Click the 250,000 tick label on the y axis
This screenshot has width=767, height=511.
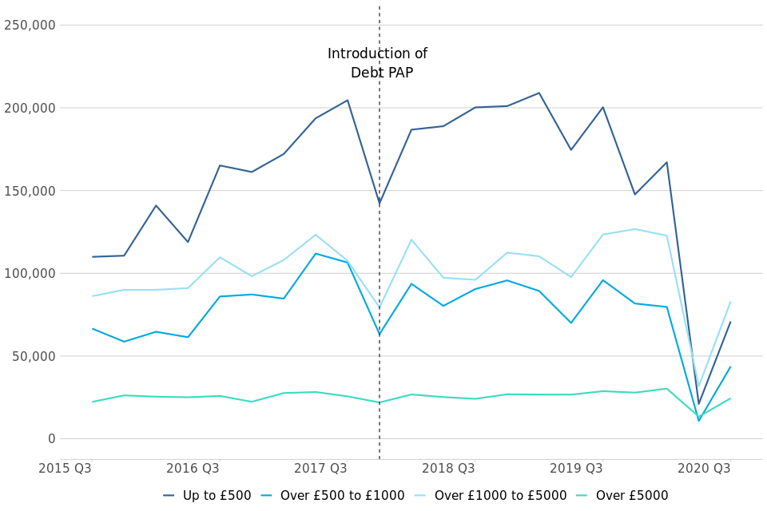(x=30, y=25)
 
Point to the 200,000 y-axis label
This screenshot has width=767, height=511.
(x=30, y=108)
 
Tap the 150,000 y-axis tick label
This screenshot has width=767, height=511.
(x=30, y=191)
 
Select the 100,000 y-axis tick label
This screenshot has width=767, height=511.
(x=30, y=273)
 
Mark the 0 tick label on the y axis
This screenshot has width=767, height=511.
(x=51, y=438)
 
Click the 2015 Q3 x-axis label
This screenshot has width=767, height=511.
(x=65, y=468)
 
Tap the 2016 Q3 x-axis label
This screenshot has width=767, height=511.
(x=193, y=468)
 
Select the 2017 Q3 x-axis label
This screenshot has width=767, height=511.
(x=320, y=468)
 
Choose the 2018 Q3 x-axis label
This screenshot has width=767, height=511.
(x=448, y=468)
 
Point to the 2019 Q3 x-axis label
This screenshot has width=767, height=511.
(x=576, y=468)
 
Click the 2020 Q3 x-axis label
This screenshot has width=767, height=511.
(x=704, y=468)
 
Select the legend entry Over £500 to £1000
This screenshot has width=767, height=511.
(x=342, y=496)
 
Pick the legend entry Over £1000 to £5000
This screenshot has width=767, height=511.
(x=500, y=496)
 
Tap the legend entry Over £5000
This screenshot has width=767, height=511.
(x=631, y=496)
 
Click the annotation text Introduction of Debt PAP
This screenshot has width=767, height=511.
(x=378, y=64)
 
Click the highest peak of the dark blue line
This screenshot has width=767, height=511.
(x=538, y=93)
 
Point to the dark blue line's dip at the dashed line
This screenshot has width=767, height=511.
(x=380, y=204)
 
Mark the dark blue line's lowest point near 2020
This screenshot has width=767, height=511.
(x=698, y=404)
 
